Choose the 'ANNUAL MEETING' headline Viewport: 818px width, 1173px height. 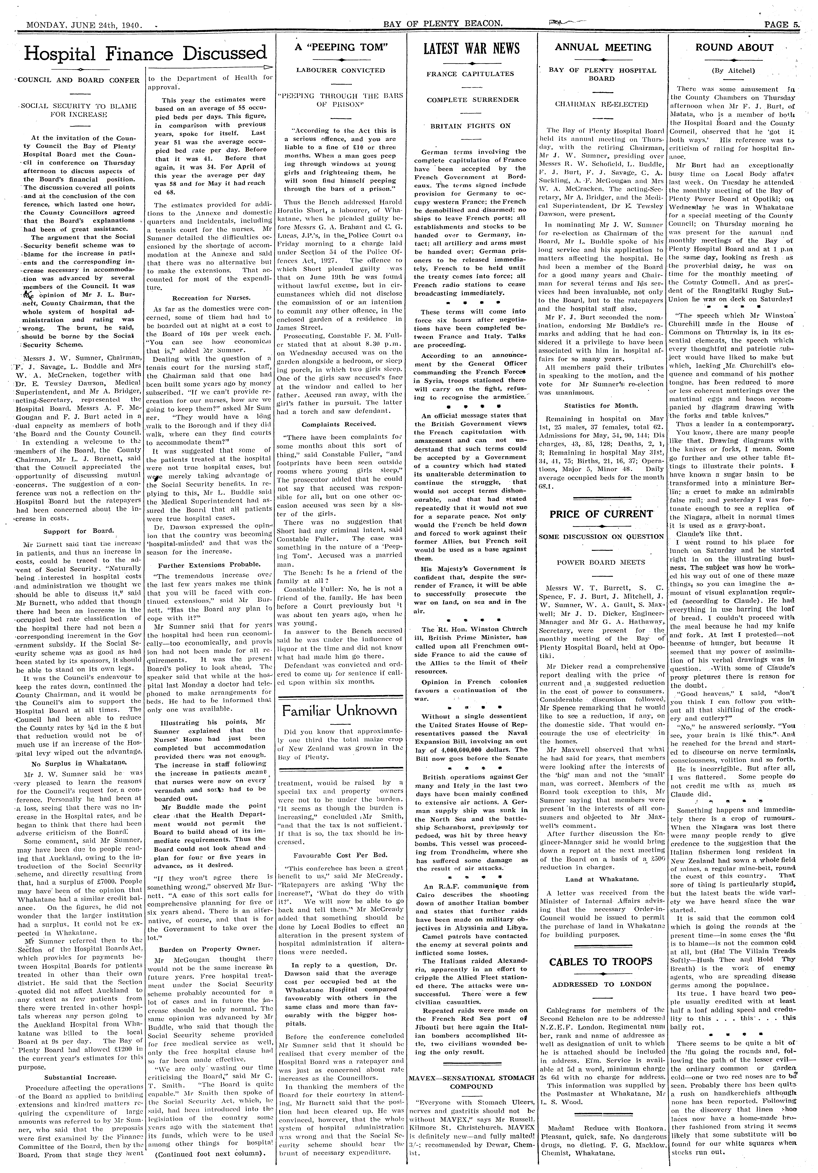click(603, 47)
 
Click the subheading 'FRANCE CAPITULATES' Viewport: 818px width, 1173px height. click(470, 74)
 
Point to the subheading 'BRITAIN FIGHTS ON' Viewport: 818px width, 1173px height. click(470, 126)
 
